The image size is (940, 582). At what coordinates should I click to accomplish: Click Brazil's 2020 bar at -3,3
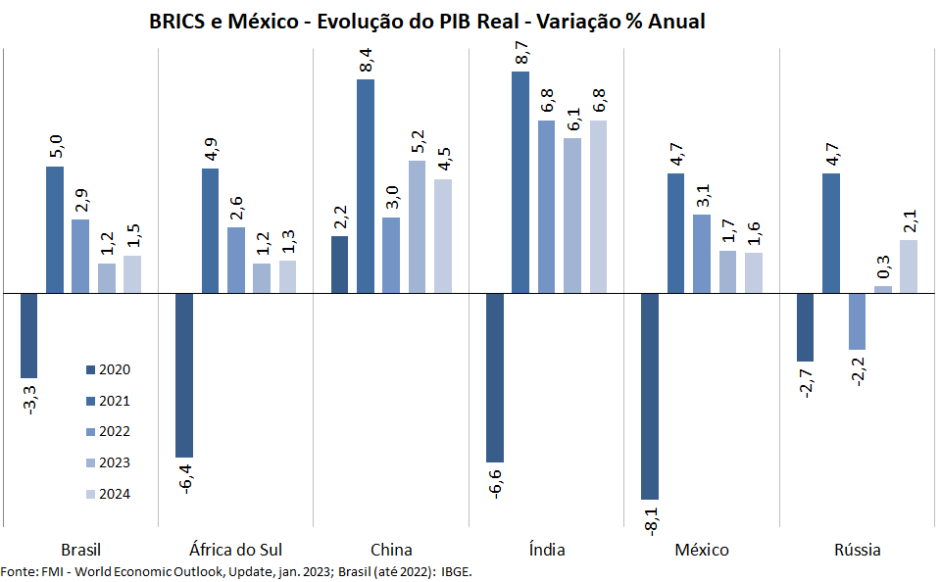[x=29, y=335]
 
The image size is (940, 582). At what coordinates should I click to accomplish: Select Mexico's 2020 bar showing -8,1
[x=650, y=396]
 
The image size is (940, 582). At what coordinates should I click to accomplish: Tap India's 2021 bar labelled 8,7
[x=520, y=181]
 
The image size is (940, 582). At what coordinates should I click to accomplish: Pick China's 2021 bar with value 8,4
[x=366, y=185]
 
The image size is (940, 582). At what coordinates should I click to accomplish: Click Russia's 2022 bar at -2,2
[x=858, y=321]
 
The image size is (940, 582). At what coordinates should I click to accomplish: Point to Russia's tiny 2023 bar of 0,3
[x=883, y=289]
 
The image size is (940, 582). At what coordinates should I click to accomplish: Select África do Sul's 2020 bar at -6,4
[x=184, y=375]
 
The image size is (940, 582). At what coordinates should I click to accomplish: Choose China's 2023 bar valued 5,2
[x=417, y=226]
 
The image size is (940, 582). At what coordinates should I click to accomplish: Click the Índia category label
[x=546, y=550]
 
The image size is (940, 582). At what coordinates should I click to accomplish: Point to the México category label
[x=702, y=550]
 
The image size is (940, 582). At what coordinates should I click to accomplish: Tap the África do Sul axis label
[x=235, y=550]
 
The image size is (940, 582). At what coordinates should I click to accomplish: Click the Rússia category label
[x=858, y=550]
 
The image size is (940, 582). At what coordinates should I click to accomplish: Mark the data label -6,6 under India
[x=495, y=483]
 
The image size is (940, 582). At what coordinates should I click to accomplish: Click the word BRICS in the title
[x=177, y=22]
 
